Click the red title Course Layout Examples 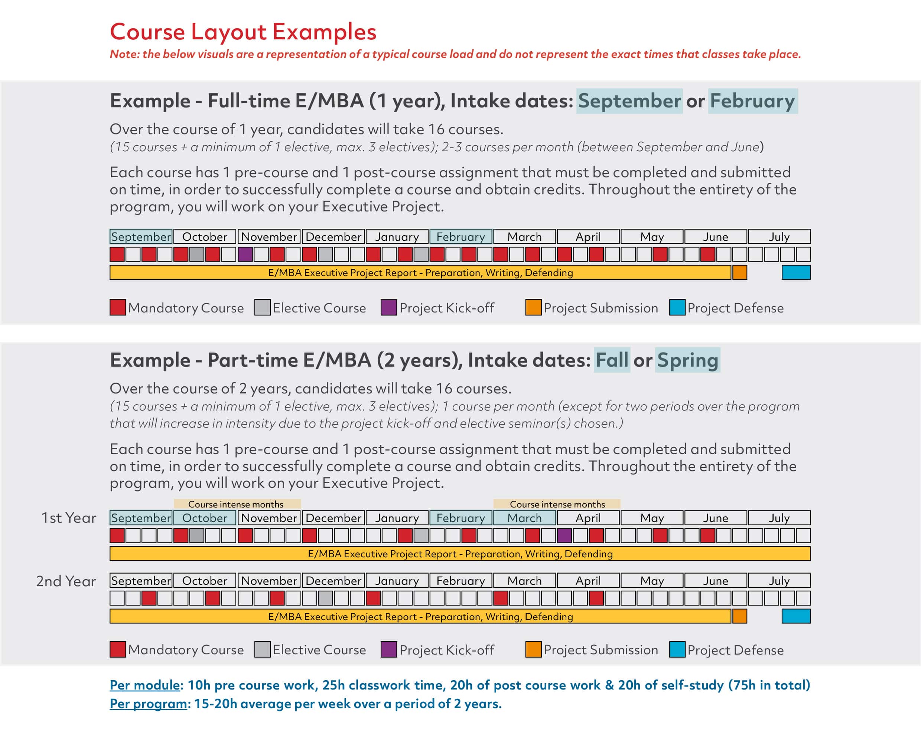pos(243,32)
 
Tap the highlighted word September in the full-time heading pos(629,101)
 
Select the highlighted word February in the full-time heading pos(752,101)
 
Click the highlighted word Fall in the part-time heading pos(612,360)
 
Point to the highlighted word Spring pos(687,360)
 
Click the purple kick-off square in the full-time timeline pos(245,254)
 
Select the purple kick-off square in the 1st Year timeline pos(564,535)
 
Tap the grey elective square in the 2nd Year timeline pos(325,598)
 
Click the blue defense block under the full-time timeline pos(795,272)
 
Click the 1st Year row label pos(68,518)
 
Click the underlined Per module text pos(144,685)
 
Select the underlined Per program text pos(148,704)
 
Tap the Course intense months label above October pos(236,504)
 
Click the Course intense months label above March pos(557,504)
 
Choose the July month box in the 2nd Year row pos(779,580)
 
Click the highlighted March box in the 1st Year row pos(524,518)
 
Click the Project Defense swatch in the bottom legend pos(677,649)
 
